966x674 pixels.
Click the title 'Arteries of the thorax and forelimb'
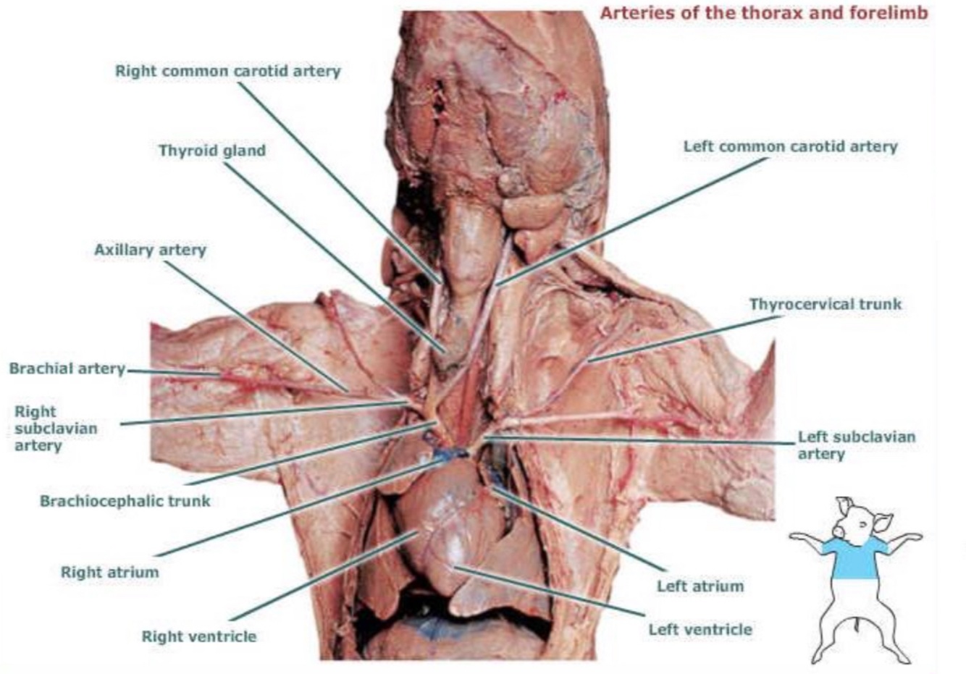point(764,13)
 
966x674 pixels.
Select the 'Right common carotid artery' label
point(227,71)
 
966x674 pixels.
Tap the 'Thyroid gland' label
point(212,151)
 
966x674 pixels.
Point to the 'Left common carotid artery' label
point(790,146)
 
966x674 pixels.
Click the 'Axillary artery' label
point(150,250)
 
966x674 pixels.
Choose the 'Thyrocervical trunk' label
point(826,304)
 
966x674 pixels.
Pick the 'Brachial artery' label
point(67,368)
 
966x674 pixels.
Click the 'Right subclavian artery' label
point(55,428)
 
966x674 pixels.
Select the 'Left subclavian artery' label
point(856,445)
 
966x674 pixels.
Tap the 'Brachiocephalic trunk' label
point(125,500)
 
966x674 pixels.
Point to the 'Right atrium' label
point(109,572)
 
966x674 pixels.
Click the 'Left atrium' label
point(700,586)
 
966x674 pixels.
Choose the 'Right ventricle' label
point(198,637)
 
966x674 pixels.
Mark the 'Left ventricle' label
point(700,629)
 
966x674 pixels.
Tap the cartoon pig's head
point(857,518)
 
